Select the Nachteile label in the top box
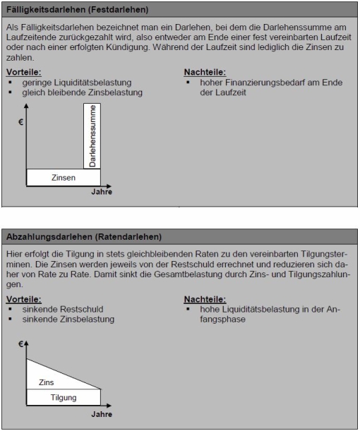(x=205, y=73)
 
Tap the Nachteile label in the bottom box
(x=205, y=299)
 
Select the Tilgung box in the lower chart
(x=62, y=398)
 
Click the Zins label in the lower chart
(x=46, y=382)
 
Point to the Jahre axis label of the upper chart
(x=101, y=192)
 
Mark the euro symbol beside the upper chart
(x=20, y=122)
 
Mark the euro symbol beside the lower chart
(x=22, y=344)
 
